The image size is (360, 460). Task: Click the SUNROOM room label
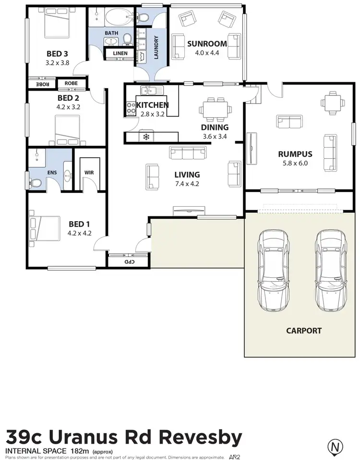click(207, 44)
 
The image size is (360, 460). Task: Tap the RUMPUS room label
click(295, 154)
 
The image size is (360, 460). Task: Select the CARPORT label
click(304, 330)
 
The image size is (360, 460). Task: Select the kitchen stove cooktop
click(131, 109)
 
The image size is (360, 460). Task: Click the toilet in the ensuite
click(35, 183)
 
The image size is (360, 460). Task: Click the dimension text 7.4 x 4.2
click(187, 183)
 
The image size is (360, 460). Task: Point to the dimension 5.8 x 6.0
click(295, 163)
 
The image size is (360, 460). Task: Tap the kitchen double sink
click(152, 90)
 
